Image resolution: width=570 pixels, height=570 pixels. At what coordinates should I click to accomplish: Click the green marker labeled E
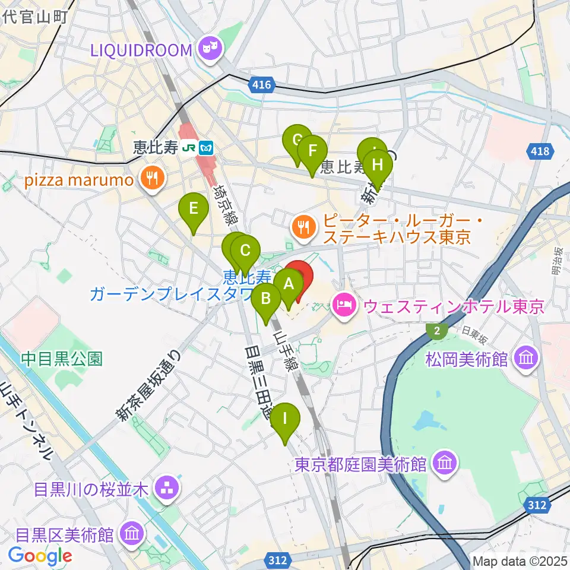[194, 209]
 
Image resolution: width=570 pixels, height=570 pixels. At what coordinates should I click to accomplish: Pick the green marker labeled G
[297, 141]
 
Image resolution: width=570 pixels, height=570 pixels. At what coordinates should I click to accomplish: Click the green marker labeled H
[378, 165]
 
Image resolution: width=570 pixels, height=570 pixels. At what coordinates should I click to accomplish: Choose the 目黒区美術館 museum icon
[131, 534]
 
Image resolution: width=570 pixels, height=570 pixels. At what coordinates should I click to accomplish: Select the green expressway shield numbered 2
[438, 332]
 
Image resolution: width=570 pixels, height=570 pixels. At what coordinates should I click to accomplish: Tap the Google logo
[40, 555]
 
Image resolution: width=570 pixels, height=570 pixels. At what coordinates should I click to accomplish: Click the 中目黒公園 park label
[62, 359]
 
